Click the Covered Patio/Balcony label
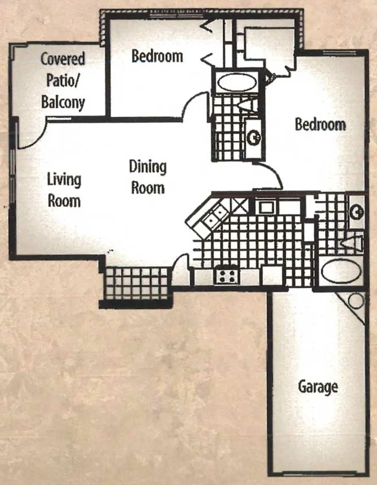point(63,80)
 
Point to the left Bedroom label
point(157,56)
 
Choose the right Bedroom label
point(320,124)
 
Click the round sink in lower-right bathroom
point(356,212)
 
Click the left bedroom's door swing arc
point(192,102)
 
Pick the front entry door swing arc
point(179,259)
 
